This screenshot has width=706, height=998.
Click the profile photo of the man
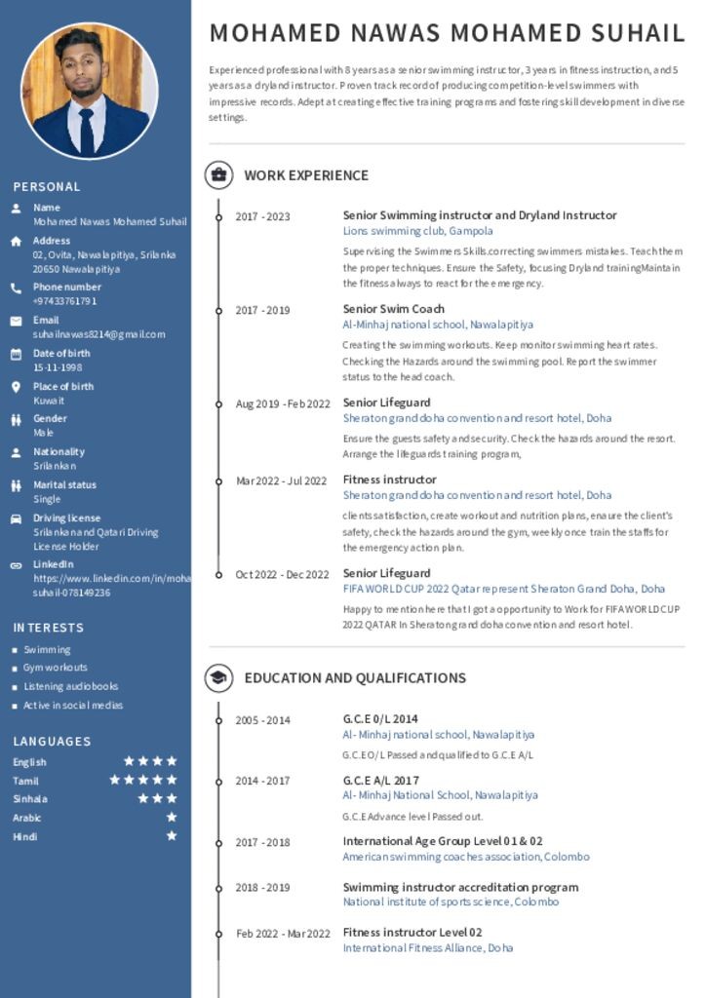pos(89,91)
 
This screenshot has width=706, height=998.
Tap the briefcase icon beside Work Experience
pos(218,175)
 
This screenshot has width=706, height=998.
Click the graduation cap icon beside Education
pos(218,678)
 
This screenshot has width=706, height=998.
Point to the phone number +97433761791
pos(64,301)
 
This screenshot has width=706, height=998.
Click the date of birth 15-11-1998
pos(58,367)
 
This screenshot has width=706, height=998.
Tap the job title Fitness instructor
pos(389,480)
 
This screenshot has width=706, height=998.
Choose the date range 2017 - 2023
pos(262,216)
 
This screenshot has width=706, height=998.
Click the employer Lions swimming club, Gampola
pos(417,231)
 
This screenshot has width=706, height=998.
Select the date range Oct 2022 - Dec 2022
pos(282,574)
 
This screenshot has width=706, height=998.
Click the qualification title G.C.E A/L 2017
pos(380,781)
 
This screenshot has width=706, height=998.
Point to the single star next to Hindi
pos(172,836)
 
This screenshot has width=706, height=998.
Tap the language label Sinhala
pos(29,799)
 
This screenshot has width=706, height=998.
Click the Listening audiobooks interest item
pos(70,686)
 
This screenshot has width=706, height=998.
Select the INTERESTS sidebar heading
pos(49,628)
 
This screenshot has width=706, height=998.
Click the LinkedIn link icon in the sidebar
pos(16,565)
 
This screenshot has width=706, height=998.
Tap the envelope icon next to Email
pos(16,321)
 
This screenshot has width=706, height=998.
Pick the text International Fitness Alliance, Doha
pos(427,947)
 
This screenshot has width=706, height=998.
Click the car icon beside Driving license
pos(16,518)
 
